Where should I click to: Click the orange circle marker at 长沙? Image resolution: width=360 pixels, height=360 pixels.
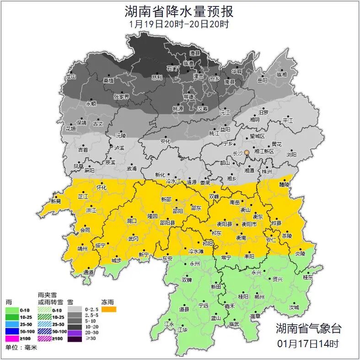click(247, 152)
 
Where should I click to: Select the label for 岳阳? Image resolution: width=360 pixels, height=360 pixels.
click(262, 81)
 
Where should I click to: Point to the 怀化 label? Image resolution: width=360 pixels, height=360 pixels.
click(102, 188)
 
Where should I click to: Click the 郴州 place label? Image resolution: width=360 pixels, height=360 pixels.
click(259, 296)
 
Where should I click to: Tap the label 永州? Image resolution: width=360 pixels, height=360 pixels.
click(195, 264)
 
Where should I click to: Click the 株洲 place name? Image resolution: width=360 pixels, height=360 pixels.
click(266, 172)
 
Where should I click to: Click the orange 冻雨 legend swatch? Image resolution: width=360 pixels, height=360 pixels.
click(109, 310)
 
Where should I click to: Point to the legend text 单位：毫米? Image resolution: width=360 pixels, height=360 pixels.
click(21, 348)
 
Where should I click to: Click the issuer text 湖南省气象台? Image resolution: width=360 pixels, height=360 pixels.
click(308, 328)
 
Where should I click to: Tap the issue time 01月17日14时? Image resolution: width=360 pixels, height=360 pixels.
click(308, 343)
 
